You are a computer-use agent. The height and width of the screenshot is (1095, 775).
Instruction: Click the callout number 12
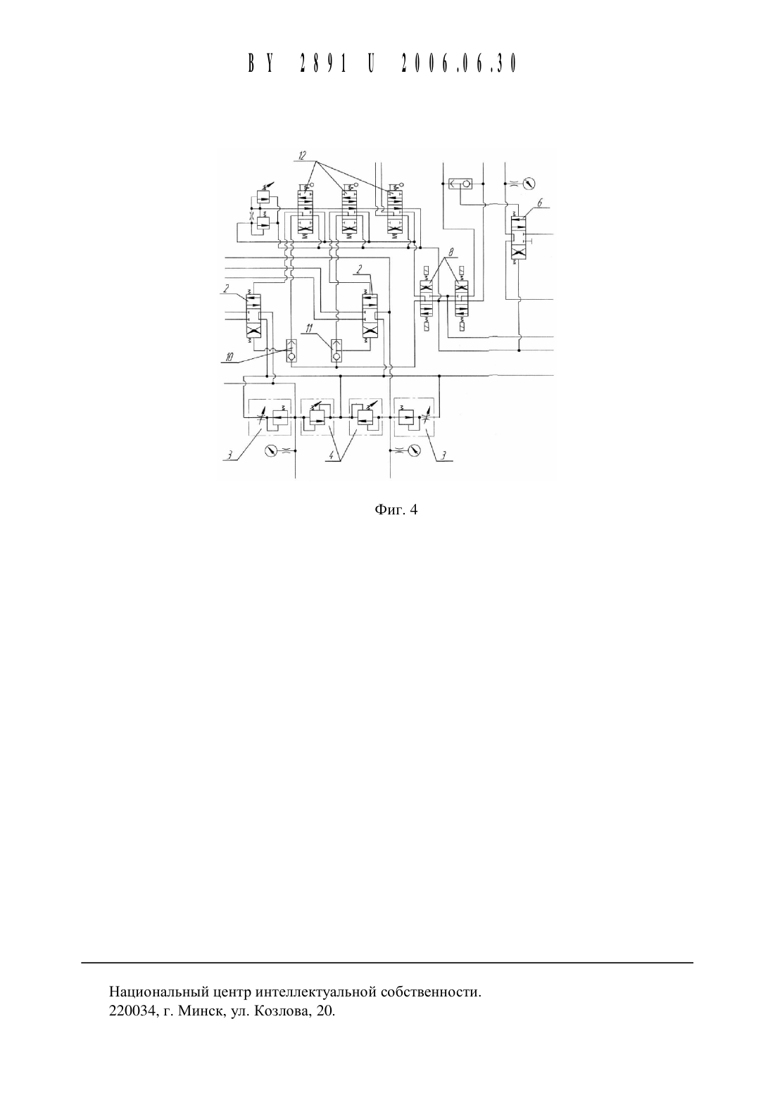click(x=302, y=156)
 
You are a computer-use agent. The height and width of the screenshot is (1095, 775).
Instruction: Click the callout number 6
click(x=539, y=203)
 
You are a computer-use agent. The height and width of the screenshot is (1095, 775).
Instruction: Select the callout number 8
click(x=450, y=252)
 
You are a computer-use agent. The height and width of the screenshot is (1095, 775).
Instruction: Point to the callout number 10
click(x=228, y=357)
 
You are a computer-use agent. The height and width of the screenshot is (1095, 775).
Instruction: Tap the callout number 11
click(x=309, y=329)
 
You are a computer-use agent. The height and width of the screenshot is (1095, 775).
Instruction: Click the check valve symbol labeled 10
click(x=291, y=350)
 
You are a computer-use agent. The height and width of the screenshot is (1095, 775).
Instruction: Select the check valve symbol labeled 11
click(x=336, y=350)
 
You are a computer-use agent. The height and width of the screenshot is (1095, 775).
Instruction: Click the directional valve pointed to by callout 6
click(x=518, y=238)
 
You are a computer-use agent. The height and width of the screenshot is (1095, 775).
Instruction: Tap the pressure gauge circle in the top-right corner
click(x=529, y=184)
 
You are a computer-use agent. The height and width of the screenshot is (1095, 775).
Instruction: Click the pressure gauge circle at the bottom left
click(x=270, y=450)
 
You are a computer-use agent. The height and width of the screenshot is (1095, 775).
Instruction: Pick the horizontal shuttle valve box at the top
click(x=460, y=184)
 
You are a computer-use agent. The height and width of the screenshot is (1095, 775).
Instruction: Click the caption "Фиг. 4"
click(x=396, y=510)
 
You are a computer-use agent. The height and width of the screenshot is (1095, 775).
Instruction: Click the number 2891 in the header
click(x=322, y=64)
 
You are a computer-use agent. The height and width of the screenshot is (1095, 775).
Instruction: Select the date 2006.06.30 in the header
click(x=459, y=64)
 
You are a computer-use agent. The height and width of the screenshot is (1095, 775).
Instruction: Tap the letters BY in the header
click(x=260, y=64)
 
